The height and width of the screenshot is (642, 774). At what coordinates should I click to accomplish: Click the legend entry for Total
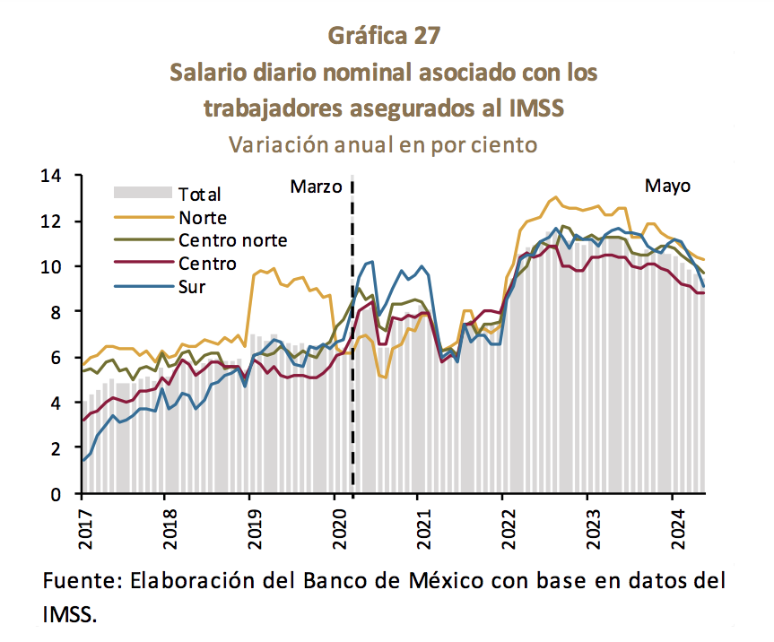click(199, 194)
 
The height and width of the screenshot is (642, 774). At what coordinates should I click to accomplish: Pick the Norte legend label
click(203, 218)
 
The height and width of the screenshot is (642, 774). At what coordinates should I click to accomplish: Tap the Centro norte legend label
click(232, 240)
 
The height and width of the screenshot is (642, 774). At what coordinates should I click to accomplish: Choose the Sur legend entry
click(193, 287)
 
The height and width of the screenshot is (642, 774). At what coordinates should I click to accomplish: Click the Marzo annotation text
click(317, 187)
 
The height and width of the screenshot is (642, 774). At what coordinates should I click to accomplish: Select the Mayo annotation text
click(668, 187)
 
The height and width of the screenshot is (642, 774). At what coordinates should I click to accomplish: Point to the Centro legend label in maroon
click(207, 264)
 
